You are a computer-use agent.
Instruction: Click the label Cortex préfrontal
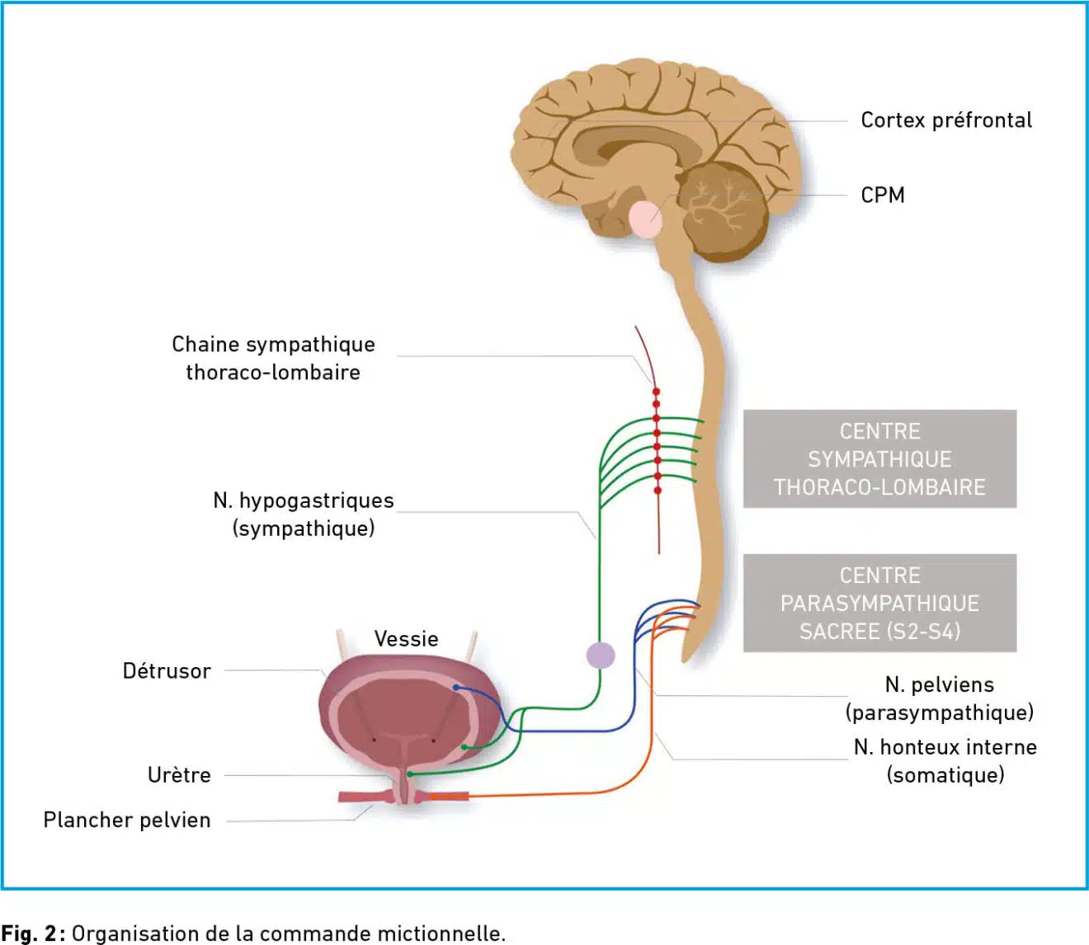(945, 120)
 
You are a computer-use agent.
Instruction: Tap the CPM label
(883, 195)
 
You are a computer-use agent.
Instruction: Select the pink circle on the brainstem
(646, 219)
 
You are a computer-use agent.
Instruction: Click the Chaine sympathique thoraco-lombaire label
(273, 359)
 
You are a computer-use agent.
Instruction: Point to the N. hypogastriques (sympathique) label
(304, 515)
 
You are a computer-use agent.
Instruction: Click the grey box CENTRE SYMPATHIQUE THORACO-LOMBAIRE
(879, 459)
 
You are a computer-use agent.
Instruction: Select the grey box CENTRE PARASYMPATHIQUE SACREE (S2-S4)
(879, 603)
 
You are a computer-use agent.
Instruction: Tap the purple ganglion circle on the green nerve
(601, 656)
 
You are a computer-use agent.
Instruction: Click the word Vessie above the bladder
(406, 639)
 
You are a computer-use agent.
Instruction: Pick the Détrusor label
(167, 671)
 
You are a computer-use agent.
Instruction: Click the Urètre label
(179, 775)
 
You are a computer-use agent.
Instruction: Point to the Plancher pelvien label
(127, 820)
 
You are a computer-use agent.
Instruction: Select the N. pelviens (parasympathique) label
(940, 698)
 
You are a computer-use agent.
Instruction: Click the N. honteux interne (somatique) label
(945, 761)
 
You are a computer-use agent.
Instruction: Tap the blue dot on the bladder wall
(456, 688)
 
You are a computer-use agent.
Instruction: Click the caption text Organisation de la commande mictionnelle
(289, 933)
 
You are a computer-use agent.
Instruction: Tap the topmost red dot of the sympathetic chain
(656, 392)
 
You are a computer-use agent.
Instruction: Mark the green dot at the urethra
(410, 774)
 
